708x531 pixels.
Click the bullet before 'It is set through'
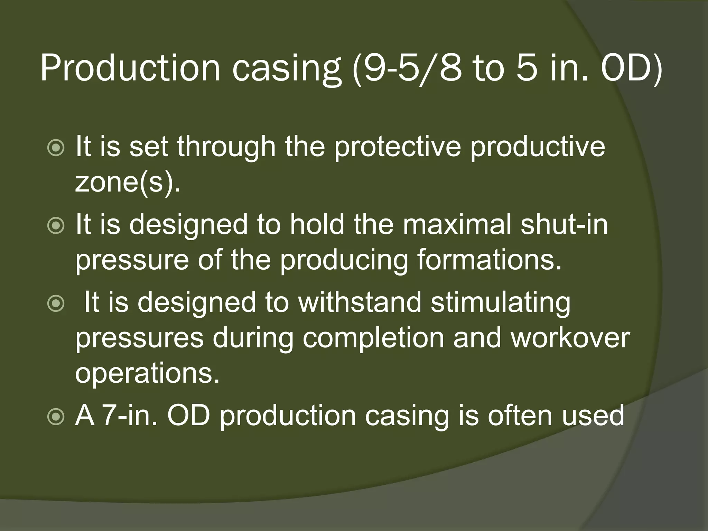tap(56, 148)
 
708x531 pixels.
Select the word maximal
tap(457, 224)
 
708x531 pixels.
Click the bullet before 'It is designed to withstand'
tap(56, 304)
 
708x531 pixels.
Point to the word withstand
tap(360, 302)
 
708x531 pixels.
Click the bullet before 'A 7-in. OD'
tap(56, 417)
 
